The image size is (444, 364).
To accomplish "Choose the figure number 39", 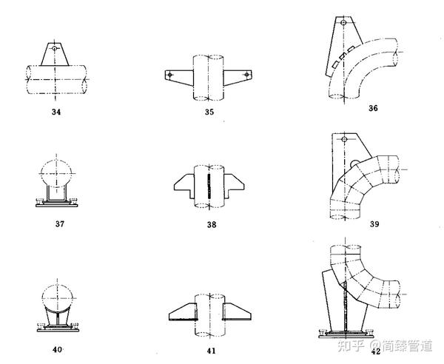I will tap(373, 224).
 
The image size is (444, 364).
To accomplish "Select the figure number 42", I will tap(376, 351).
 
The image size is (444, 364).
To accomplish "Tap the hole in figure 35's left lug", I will tap(170, 75).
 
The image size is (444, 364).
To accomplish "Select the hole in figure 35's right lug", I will tap(245, 75).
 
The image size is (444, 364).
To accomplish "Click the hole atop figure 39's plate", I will tap(343, 140).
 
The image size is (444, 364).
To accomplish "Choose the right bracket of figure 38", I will tap(235, 183).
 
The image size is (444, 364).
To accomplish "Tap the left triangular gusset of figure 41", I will tap(182, 311).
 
